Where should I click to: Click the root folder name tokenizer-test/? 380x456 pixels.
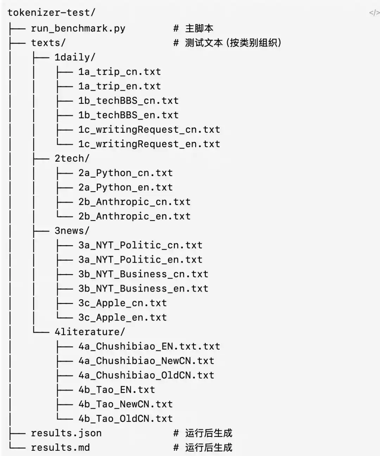pos(51,13)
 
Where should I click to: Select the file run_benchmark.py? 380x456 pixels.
pos(78,29)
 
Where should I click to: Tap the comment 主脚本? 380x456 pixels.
pos(199,29)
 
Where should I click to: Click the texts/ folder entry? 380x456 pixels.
pos(48,43)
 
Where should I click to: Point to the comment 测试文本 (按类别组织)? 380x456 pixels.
pos(233,43)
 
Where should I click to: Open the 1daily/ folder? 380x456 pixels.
pos(75,57)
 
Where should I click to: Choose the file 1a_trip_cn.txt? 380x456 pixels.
pos(120,72)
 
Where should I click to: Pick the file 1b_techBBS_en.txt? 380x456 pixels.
pos(128,115)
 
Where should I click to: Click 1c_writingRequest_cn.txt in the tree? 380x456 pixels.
pos(149,130)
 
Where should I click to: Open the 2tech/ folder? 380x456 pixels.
pos(72,158)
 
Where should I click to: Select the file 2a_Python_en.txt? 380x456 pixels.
pos(126,188)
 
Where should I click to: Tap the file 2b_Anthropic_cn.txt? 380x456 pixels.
pos(134,202)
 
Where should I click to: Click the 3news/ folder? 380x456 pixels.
pos(72,231)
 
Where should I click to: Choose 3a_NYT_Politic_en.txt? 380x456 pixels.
pos(140,260)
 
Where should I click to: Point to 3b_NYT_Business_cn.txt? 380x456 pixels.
pos(144,274)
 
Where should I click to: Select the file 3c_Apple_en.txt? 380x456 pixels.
pos(123,318)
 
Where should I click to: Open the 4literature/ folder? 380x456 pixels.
pos(90,332)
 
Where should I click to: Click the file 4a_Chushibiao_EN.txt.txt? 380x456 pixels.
pos(149,346)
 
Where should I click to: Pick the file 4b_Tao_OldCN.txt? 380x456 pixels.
pos(126,419)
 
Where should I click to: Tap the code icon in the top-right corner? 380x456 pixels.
pos(374,13)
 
